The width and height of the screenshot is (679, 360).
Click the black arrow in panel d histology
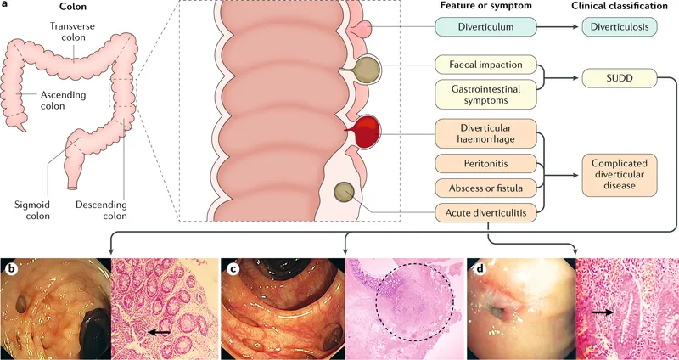(599, 312)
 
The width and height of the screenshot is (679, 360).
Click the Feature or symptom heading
(479, 7)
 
